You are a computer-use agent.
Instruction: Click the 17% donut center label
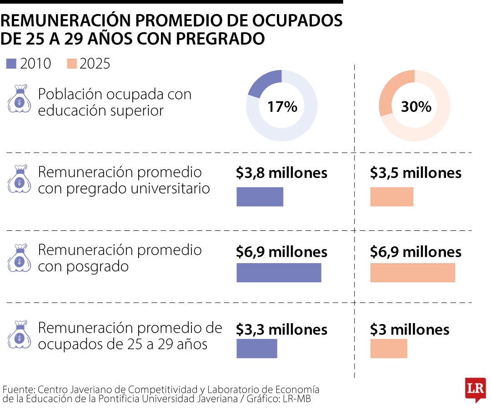pos(282,107)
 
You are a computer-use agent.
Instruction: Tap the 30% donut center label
pos(416,107)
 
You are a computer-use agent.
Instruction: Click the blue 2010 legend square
pos(11,64)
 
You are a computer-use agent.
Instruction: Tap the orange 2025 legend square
pos(72,64)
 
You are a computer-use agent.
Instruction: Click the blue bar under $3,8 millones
pos(260,197)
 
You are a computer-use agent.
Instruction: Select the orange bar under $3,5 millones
pos(392,197)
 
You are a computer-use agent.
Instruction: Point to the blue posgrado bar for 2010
pos(279,273)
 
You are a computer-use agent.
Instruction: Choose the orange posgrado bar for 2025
pos(413,273)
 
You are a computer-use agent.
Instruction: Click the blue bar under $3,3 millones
pos(257,349)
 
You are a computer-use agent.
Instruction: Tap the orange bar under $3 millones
pos(389,349)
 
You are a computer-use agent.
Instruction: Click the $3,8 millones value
pos(281,173)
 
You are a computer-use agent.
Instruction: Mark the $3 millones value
pos(410,330)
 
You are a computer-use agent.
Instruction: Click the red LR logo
pos(476,389)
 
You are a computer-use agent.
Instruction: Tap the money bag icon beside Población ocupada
pos(20,99)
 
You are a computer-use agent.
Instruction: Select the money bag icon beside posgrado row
pos(20,258)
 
